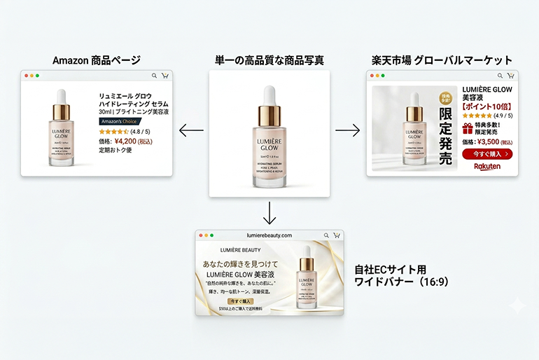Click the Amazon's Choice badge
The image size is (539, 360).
120,121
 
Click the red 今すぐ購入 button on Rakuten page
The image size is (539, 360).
487,154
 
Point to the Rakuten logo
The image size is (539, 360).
487,167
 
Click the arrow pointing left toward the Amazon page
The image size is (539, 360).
191,130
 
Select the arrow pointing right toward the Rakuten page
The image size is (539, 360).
347,130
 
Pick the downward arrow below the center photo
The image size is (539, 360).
269,211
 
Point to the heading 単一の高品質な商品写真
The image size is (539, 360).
269,60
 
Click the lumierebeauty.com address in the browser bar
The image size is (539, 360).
269,235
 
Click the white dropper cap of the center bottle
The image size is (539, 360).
269,95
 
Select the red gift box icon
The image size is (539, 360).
468,128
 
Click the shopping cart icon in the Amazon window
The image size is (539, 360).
165,76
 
